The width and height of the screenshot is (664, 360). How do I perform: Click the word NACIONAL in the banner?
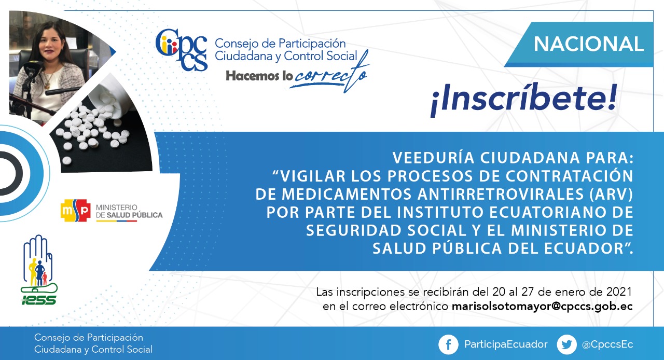(588, 44)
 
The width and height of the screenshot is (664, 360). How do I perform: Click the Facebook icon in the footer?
(448, 344)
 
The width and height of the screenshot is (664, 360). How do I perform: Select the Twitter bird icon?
(567, 344)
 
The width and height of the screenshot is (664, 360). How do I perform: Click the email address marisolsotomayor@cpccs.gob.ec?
(542, 307)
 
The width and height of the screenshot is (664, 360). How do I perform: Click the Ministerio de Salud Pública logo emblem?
(76, 210)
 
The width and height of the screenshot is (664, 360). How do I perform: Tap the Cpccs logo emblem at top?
(181, 49)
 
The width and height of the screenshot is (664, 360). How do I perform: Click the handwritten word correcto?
(329, 74)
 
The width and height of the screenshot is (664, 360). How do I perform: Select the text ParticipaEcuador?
(506, 344)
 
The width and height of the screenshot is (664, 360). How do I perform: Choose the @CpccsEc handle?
(607, 344)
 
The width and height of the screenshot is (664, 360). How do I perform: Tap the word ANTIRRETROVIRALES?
(501, 194)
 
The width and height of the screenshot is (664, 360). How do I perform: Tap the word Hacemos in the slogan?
(252, 76)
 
